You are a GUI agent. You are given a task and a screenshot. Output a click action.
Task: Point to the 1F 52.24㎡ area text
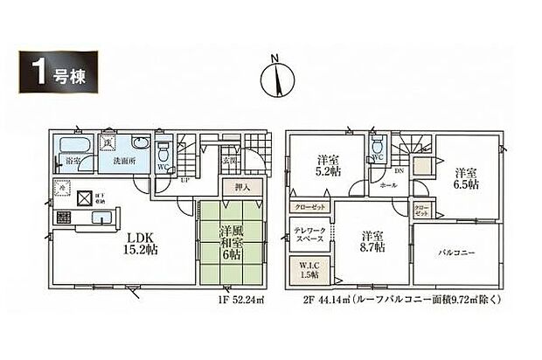237,304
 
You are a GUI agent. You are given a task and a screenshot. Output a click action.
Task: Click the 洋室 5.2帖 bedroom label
329,166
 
